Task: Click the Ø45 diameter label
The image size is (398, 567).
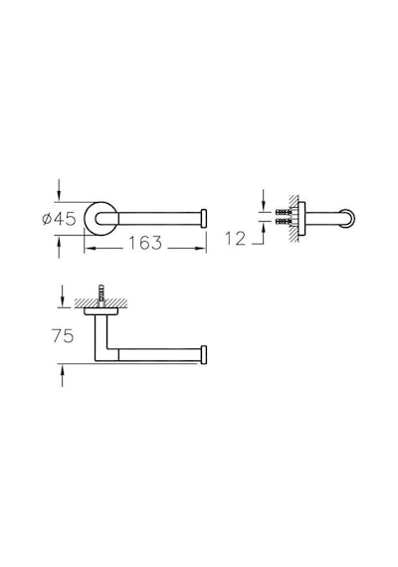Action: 59,219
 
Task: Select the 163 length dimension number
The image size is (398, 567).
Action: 145,243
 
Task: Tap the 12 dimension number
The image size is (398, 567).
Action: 235,239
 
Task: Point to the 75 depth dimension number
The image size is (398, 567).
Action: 63,336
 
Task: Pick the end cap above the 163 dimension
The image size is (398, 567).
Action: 204,218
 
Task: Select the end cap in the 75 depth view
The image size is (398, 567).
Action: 204,355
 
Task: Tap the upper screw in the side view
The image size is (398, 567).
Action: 284,212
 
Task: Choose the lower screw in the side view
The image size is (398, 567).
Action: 284,220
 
